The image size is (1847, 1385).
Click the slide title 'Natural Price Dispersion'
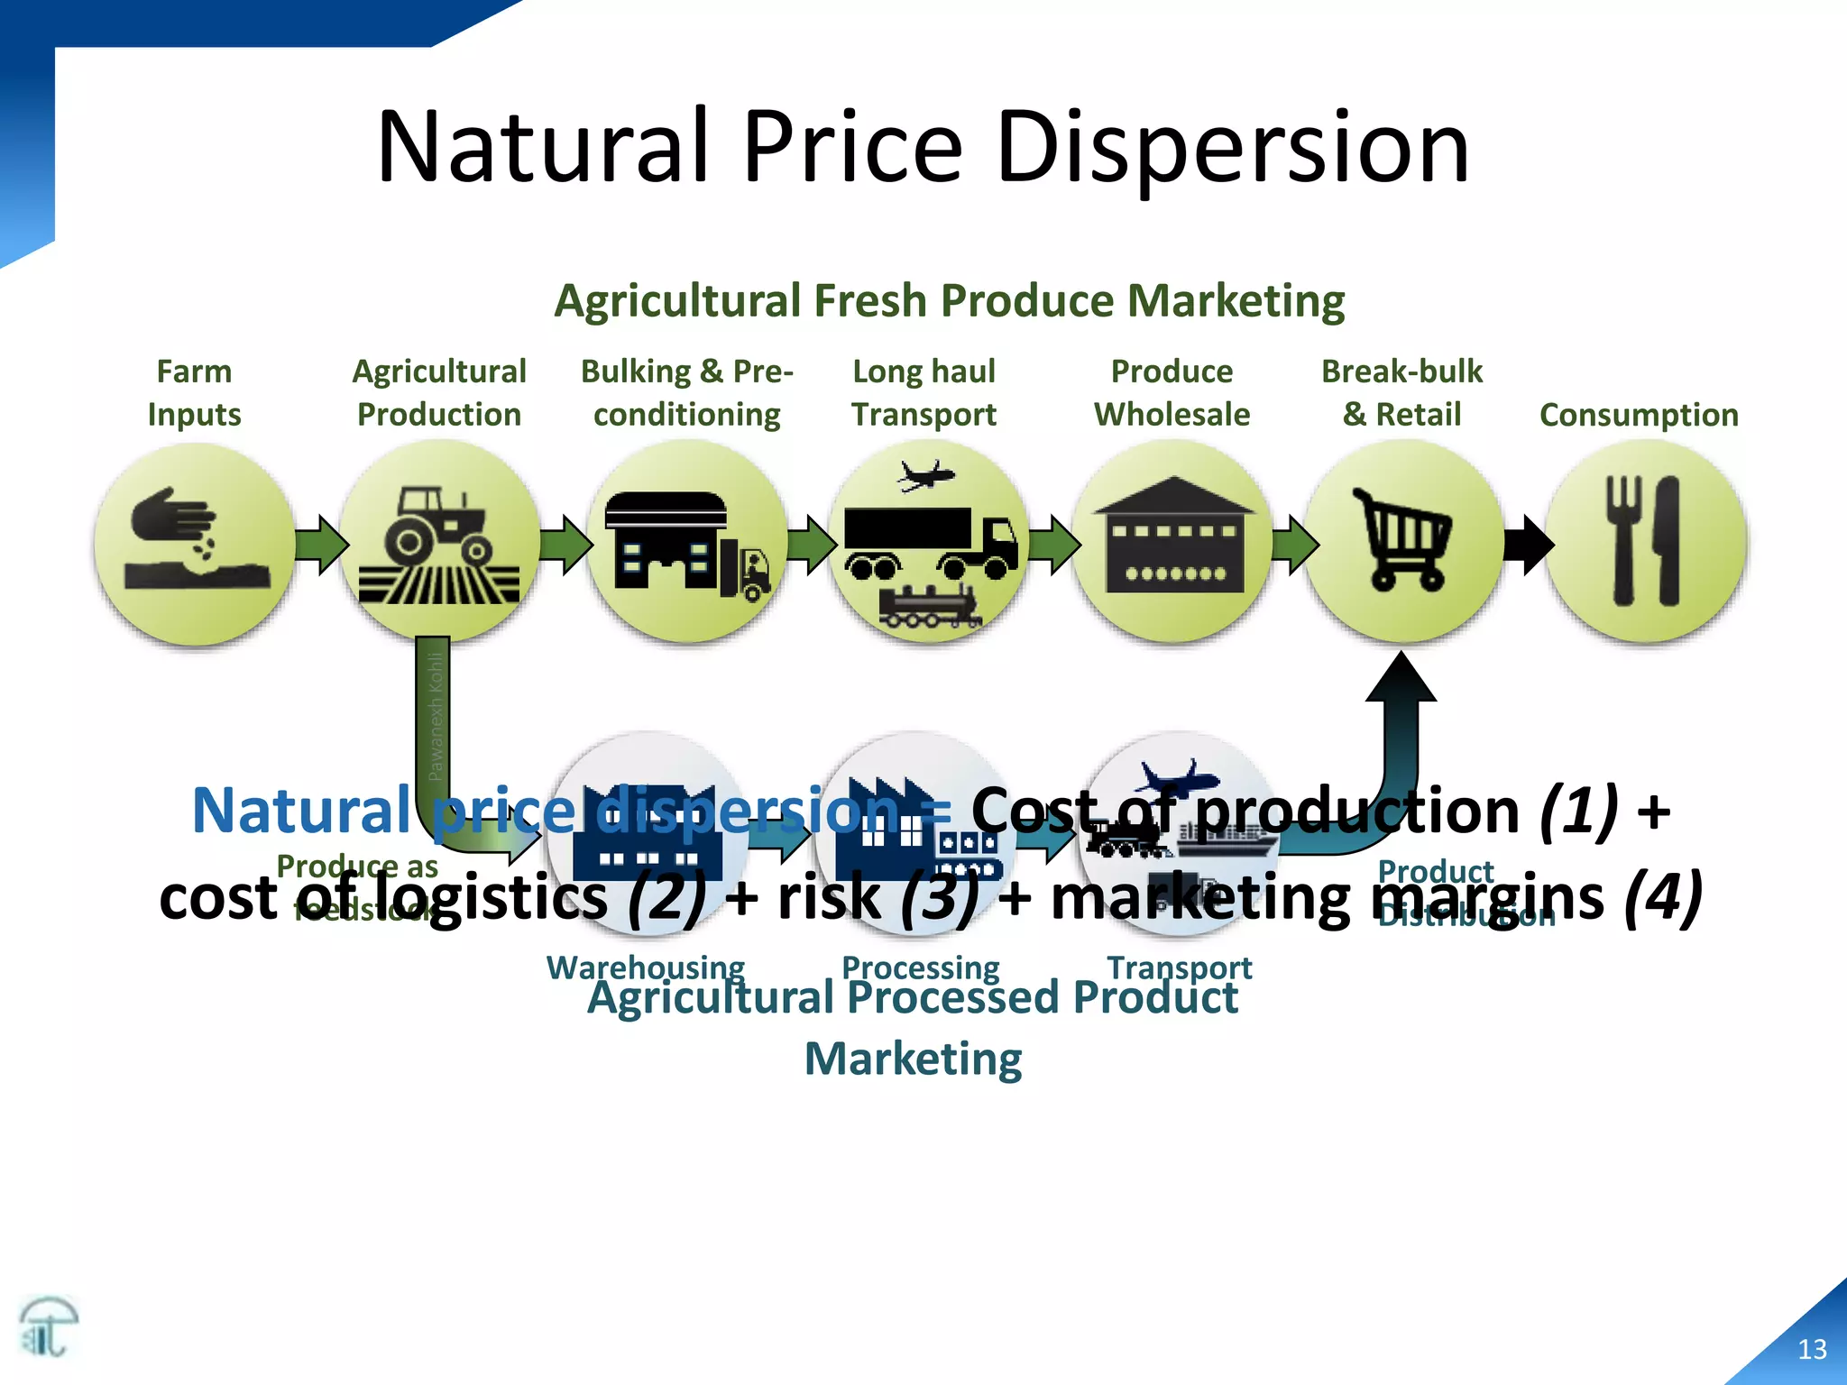pos(923,146)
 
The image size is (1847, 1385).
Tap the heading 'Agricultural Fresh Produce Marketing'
pos(949,300)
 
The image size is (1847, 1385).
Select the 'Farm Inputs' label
pos(194,393)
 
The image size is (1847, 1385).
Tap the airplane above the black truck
pos(925,475)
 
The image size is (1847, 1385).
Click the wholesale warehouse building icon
pos(1172,537)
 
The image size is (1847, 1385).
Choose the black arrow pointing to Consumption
pos(1529,544)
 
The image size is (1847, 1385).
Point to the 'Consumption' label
pos(1639,415)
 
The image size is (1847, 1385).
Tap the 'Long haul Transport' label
pos(923,393)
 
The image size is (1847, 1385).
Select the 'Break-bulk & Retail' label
pos(1401,393)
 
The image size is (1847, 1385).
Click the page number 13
pos(1812,1349)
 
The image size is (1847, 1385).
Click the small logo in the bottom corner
pos(48,1326)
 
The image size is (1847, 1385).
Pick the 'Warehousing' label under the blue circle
pos(646,967)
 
